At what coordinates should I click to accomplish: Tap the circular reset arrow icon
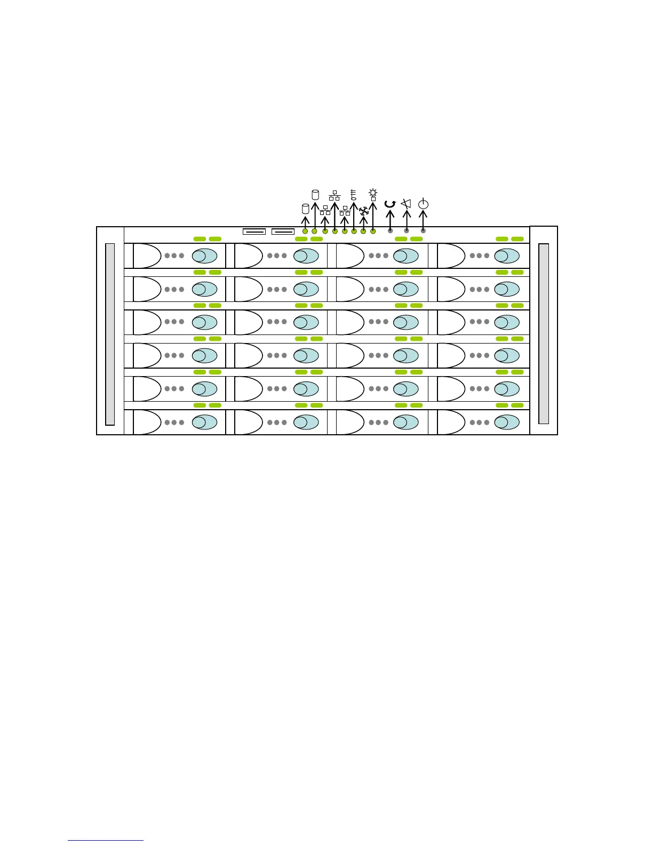[x=390, y=204]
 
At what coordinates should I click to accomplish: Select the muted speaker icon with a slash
[x=407, y=203]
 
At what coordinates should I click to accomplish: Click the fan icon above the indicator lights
[x=364, y=211]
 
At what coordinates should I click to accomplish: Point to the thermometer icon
[x=353, y=194]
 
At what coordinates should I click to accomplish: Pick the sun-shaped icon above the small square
[x=373, y=192]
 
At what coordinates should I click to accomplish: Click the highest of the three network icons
[x=335, y=195]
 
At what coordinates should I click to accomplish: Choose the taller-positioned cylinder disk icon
[x=315, y=194]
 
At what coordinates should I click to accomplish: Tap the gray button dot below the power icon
[x=424, y=230]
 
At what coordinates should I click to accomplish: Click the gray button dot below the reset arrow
[x=391, y=230]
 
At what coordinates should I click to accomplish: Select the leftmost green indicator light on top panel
[x=305, y=231]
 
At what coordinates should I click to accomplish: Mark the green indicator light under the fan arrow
[x=363, y=231]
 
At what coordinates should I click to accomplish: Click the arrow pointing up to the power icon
[x=423, y=219]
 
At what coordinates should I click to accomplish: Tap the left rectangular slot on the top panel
[x=254, y=232]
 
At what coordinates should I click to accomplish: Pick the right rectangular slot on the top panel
[x=283, y=232]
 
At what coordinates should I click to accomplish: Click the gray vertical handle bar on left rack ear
[x=110, y=334]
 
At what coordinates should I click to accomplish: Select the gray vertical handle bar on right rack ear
[x=544, y=334]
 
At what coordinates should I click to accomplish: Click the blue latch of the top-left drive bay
[x=204, y=256]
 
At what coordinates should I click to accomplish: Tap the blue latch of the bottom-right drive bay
[x=507, y=422]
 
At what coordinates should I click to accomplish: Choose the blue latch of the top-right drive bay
[x=507, y=256]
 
